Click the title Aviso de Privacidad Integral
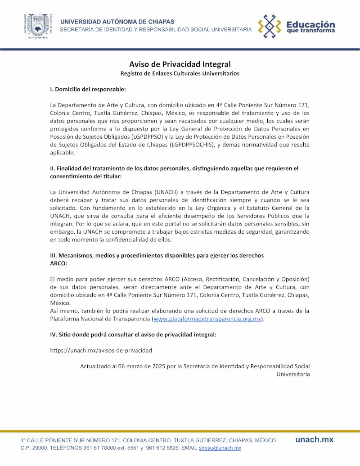(x=180, y=64)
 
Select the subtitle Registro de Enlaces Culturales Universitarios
(x=180, y=73)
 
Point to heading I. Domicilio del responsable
(x=88, y=90)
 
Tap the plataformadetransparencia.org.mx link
(x=207, y=319)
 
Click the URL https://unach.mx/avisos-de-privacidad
(x=101, y=350)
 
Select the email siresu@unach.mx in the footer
(x=220, y=448)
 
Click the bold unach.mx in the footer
(x=314, y=439)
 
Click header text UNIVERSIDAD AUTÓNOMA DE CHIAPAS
(x=117, y=22)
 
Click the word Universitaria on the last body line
(x=292, y=374)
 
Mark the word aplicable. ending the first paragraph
(x=62, y=153)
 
